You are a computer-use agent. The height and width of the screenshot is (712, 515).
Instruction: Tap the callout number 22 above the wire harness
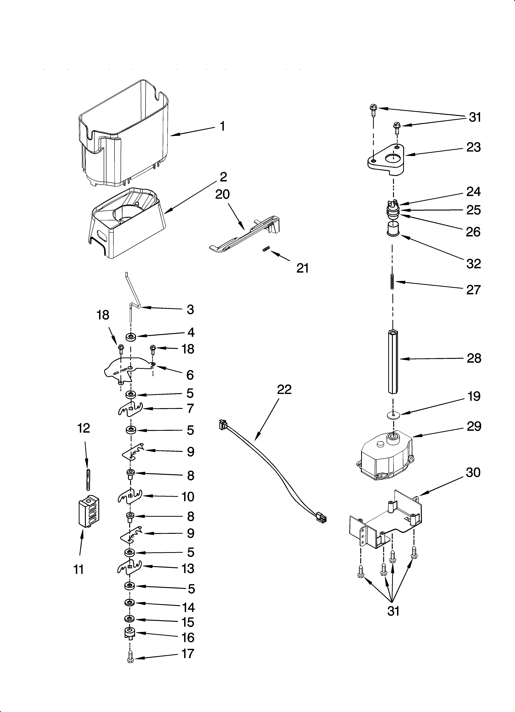(x=284, y=390)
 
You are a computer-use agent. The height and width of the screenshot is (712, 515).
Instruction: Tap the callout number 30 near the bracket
(x=473, y=473)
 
